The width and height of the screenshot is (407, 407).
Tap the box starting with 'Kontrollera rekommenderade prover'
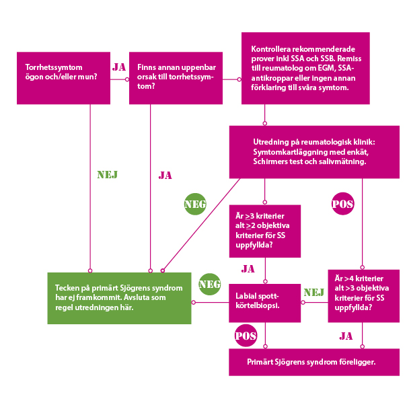click(305, 68)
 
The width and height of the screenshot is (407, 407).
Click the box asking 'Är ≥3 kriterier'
click(264, 231)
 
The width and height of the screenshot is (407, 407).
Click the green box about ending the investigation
click(120, 298)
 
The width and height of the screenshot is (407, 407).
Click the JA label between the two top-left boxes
click(119, 67)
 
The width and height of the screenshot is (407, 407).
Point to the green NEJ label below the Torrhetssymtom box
click(108, 175)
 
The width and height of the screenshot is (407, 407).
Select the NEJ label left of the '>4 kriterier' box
click(313, 292)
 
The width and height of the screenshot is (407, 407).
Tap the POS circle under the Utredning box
click(343, 203)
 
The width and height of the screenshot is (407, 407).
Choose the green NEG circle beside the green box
click(210, 285)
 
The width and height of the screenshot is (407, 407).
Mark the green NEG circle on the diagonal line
click(195, 204)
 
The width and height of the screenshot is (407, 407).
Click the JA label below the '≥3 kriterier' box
click(248, 269)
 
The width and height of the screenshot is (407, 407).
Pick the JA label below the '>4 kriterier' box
click(346, 336)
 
